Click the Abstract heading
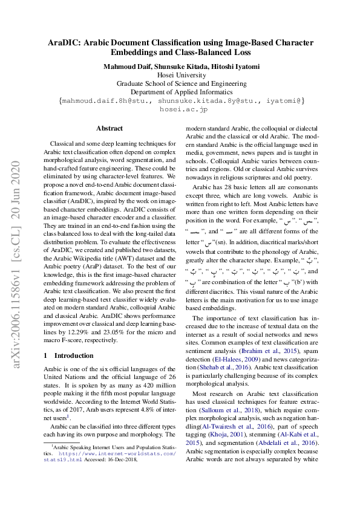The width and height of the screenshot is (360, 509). [110, 128]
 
